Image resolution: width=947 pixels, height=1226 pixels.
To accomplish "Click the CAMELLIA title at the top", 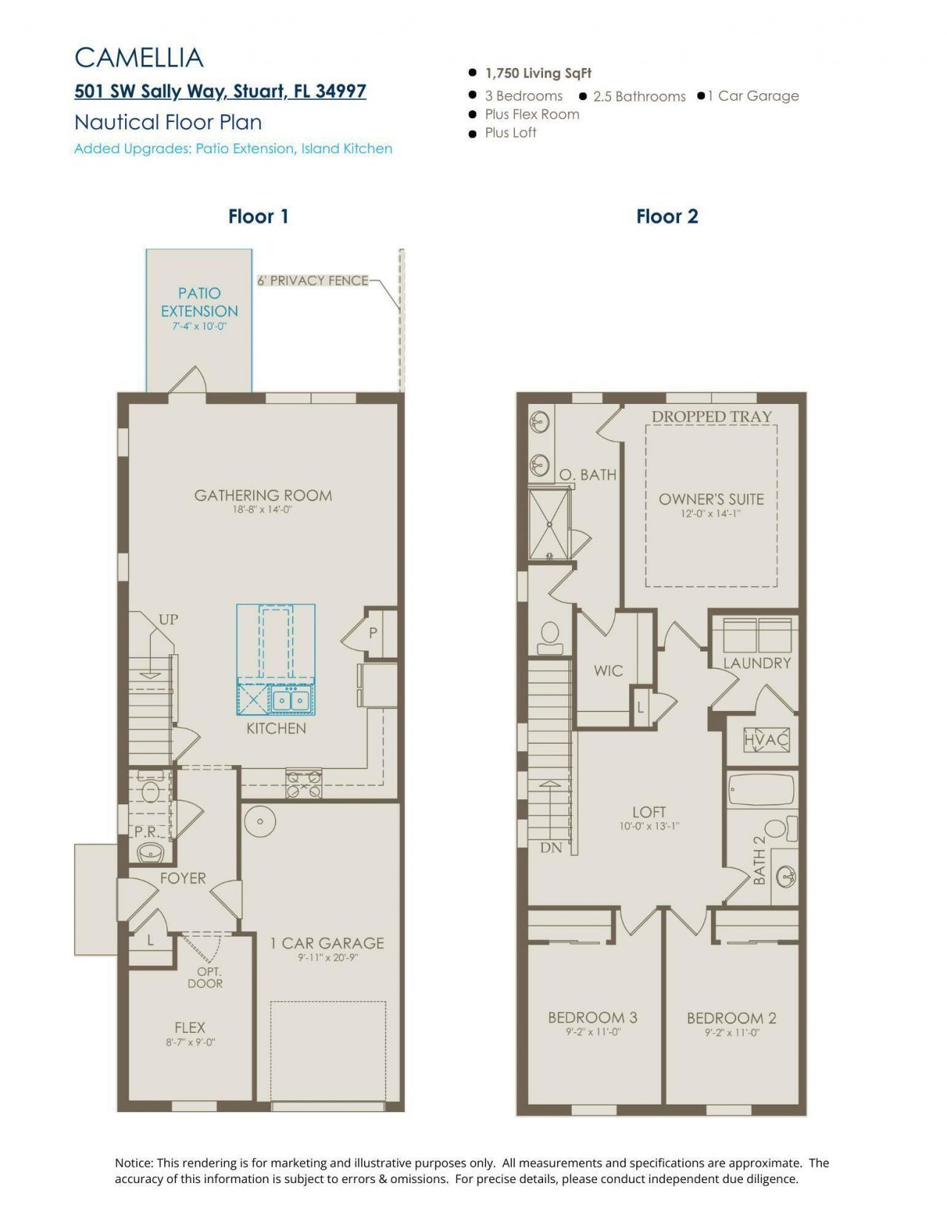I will coord(139,58).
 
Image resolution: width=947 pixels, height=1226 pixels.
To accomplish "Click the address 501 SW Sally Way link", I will coord(220,91).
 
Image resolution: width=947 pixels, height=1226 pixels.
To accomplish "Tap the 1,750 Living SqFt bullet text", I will coord(538,73).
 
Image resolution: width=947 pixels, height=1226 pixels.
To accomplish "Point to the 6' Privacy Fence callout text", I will coord(312,280).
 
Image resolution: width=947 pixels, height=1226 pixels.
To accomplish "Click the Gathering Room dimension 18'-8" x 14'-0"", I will coord(263,510).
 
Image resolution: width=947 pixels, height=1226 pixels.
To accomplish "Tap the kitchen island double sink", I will coord(290,699).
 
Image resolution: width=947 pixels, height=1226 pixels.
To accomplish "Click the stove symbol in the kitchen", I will coord(304,783).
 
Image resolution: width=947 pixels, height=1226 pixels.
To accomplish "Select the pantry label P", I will coord(373,633).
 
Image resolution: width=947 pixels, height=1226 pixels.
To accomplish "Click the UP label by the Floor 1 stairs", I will coord(168,620).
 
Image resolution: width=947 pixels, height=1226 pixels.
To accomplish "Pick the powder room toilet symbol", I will coord(151,790).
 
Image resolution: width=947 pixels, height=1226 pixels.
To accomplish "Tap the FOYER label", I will coord(183,878).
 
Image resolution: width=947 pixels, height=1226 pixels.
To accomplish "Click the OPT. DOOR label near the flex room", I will coord(206,977).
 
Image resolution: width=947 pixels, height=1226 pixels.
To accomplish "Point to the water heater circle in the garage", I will coord(260,821).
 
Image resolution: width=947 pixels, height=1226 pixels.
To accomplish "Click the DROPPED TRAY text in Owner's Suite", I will coord(711,417).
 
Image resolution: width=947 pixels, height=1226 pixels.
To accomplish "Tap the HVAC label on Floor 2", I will coord(766,739).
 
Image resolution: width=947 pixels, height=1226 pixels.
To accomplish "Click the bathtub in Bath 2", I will coord(761,789).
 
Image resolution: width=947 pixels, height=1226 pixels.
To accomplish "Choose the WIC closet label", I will coord(608,671).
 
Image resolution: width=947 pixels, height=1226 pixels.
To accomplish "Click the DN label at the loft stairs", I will coord(550,848).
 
